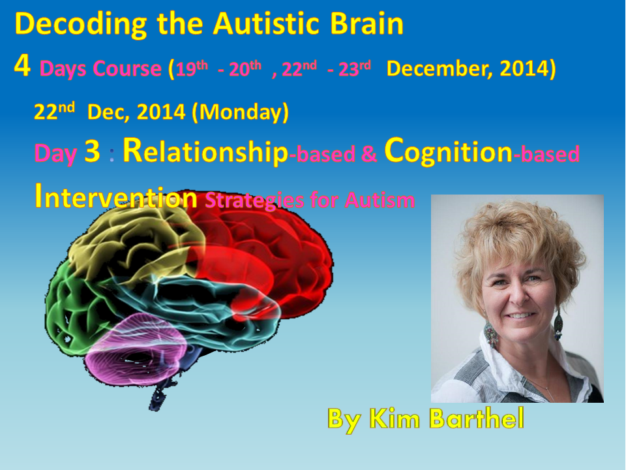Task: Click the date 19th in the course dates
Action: tap(192, 69)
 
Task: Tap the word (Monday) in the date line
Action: tap(240, 112)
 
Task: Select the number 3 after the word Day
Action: tap(92, 151)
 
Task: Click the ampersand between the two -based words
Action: tap(369, 154)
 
